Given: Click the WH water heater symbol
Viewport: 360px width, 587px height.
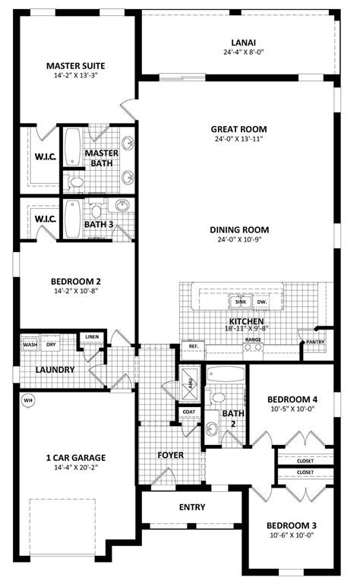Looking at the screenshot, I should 29,400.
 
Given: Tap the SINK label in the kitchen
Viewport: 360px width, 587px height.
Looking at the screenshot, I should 242,302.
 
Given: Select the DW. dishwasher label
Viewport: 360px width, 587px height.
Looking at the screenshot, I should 262,302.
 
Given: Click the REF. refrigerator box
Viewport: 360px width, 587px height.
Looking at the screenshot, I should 193,346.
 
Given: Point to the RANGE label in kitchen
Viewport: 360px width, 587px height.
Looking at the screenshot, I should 253,339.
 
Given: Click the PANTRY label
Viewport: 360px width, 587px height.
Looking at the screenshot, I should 315,342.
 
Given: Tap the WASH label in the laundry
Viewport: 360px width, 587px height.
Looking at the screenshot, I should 30,345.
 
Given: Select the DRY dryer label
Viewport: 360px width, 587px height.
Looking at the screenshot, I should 51,345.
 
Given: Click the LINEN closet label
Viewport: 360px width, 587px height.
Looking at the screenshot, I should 91,336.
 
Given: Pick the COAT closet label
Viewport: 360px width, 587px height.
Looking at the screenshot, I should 189,412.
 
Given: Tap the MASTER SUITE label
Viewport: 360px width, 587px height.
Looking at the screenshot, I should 75,66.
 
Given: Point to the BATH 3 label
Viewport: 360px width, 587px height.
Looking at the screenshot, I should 99,224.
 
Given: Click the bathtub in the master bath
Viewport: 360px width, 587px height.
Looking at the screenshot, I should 73,148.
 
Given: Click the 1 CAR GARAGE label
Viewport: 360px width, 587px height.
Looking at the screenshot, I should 75,458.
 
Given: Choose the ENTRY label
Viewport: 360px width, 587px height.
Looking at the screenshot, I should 192,507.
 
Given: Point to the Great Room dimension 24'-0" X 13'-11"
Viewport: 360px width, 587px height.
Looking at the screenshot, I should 239,139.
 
